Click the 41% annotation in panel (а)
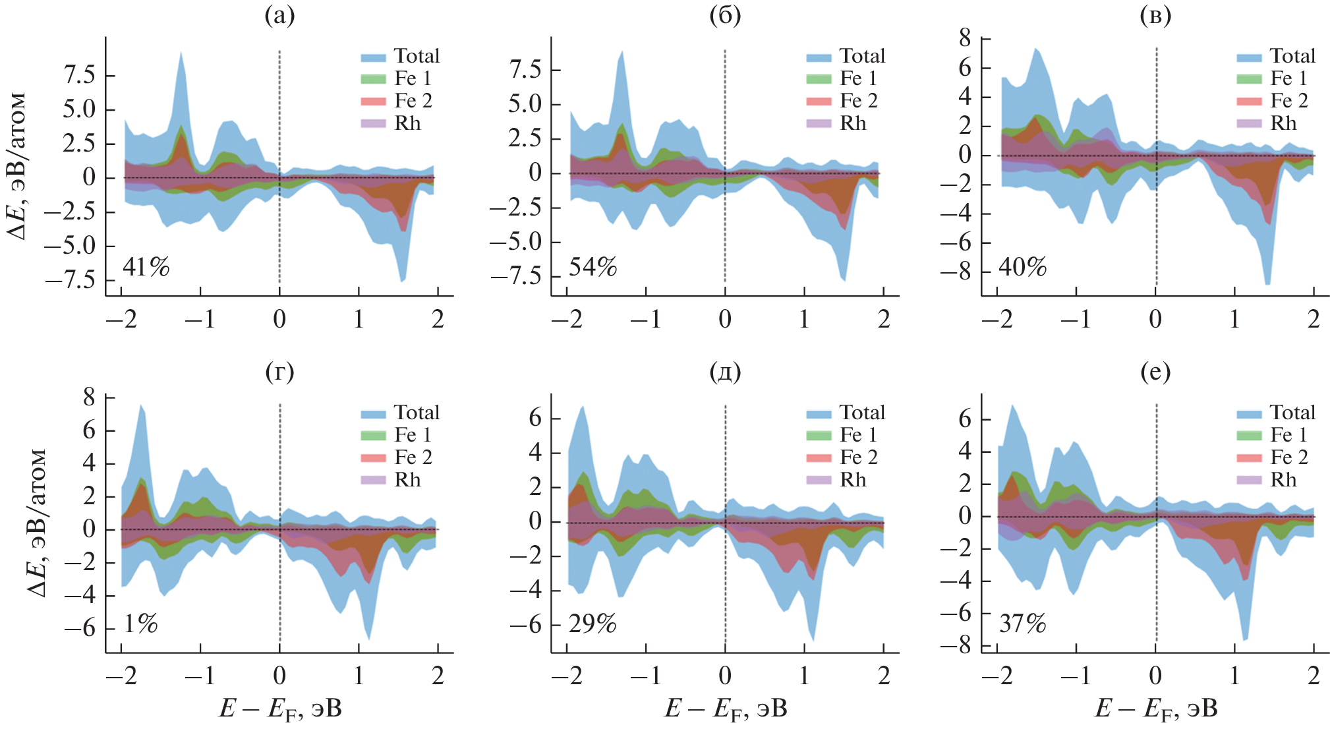[146, 267]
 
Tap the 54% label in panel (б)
[593, 267]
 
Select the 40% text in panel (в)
[1022, 267]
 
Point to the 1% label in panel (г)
[141, 624]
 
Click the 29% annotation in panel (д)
[593, 624]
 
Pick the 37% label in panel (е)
[1022, 624]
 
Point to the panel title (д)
[725, 372]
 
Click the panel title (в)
[1155, 16]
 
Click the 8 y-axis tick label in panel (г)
[89, 397]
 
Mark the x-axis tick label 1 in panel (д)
[804, 676]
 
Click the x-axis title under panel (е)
[1156, 709]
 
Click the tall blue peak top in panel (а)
[181, 53]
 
